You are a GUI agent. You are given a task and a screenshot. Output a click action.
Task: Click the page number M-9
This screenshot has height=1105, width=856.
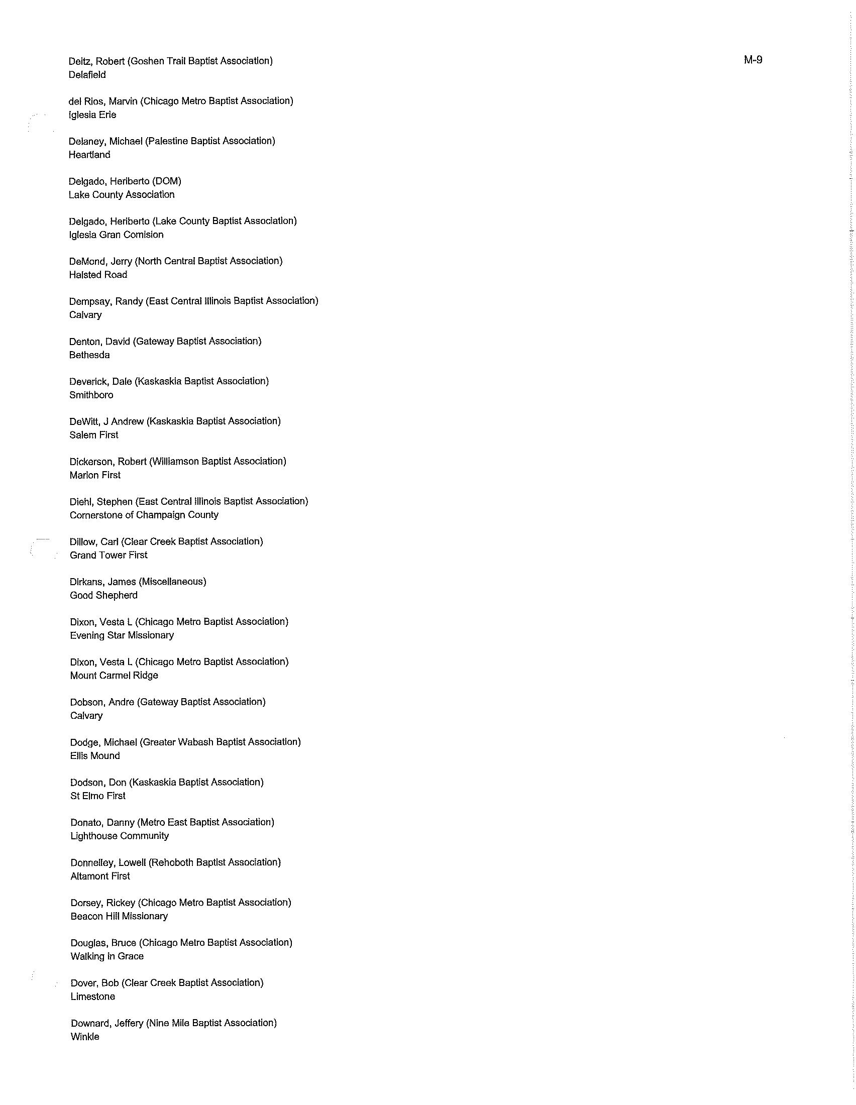[x=753, y=60]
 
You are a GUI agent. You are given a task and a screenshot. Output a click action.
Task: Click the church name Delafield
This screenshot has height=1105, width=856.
[x=87, y=75]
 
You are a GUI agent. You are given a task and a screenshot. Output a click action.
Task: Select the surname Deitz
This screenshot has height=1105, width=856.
[x=79, y=61]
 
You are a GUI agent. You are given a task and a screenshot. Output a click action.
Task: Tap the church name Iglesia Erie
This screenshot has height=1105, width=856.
[x=92, y=115]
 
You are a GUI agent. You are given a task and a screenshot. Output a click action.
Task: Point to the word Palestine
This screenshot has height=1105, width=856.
[x=166, y=141]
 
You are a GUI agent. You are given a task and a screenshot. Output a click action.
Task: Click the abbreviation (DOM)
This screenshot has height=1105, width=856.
[x=166, y=181]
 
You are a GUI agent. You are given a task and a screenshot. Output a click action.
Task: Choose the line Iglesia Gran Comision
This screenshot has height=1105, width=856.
[x=117, y=235]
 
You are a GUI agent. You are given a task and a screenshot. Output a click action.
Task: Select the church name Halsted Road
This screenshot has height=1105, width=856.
[x=98, y=275]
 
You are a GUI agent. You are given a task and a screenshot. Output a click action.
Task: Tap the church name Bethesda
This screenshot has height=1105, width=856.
[x=89, y=355]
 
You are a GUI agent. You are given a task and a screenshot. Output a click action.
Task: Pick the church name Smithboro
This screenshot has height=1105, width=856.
[x=91, y=395]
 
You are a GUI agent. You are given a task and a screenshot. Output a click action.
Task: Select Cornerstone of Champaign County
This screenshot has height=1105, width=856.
[x=144, y=515]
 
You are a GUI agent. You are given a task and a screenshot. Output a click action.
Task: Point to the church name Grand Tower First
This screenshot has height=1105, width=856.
[x=109, y=555]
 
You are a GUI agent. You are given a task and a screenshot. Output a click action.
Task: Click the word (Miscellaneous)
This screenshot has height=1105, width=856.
[x=172, y=582]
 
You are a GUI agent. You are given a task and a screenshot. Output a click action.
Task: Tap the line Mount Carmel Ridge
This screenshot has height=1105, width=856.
[x=115, y=676]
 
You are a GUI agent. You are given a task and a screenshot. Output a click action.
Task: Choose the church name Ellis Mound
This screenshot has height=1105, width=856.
[x=95, y=756]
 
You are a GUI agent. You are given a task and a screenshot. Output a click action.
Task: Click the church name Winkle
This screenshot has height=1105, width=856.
[x=85, y=1037]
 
